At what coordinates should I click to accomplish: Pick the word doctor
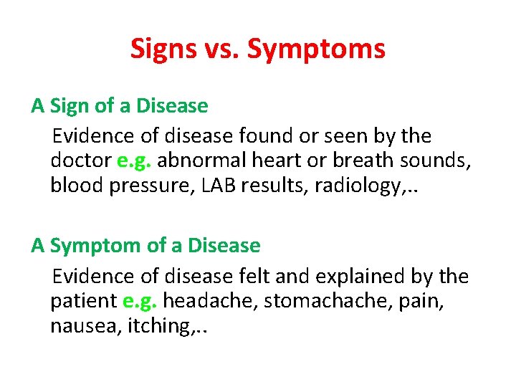pos(81,161)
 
